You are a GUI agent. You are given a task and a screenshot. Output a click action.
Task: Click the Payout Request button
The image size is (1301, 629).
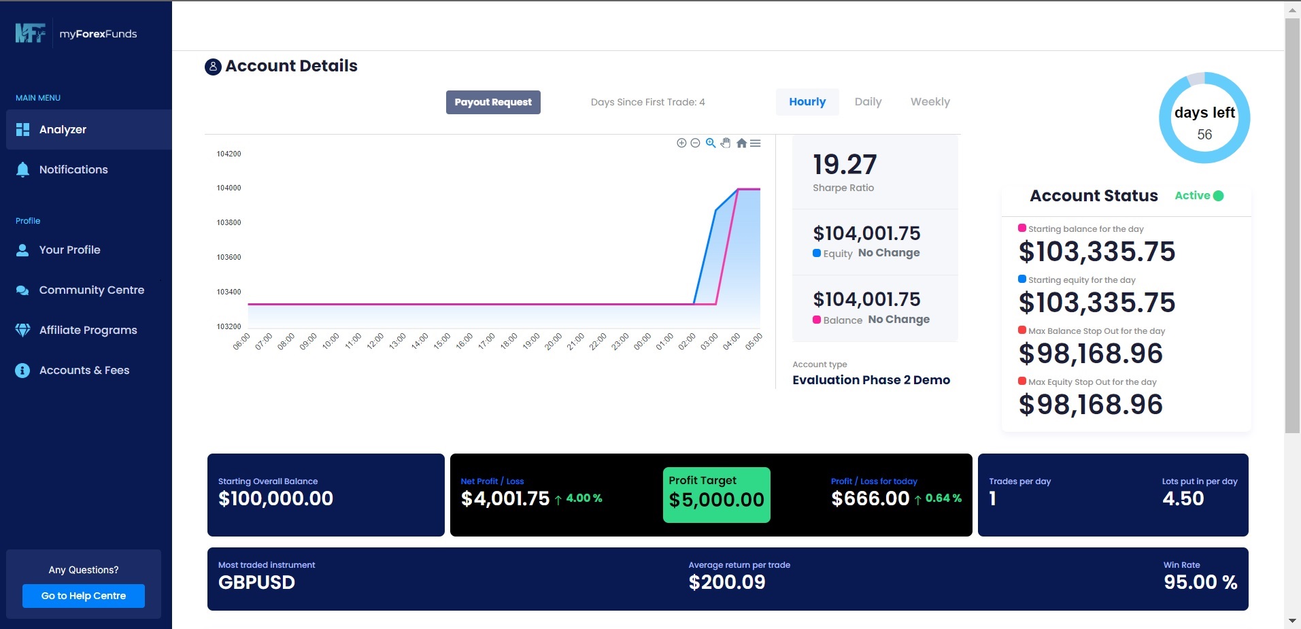[493, 102]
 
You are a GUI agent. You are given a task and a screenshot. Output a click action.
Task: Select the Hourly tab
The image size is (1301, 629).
[807, 102]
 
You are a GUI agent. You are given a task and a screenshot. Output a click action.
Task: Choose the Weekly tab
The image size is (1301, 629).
[930, 102]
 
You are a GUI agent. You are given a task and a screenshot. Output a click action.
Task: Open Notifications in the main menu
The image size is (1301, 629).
[73, 169]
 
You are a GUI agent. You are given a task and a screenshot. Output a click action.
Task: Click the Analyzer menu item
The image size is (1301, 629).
[63, 129]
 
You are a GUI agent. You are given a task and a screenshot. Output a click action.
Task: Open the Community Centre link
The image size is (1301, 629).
[91, 290]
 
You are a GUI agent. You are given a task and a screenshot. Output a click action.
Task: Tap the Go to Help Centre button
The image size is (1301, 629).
[84, 596]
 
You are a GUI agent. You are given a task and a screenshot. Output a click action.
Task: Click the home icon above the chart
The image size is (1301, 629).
[741, 143]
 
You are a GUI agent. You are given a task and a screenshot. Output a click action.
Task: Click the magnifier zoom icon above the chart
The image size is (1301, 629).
[711, 143]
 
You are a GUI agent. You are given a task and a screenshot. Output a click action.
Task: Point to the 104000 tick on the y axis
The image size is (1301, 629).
[229, 188]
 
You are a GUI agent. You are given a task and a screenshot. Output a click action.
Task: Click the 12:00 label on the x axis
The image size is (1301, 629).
[375, 341]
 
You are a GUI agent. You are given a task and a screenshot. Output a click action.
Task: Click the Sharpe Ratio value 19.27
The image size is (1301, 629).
[845, 165]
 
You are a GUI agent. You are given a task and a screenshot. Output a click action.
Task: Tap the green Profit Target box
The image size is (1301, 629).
[716, 495]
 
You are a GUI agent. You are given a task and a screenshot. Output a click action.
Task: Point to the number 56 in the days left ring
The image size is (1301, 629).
[1204, 135]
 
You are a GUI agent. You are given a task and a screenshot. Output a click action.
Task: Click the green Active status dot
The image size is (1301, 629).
[1218, 196]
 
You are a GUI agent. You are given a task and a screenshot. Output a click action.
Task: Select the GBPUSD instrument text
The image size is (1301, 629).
[256, 582]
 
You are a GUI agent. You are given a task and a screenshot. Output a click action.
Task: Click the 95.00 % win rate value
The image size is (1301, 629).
[1200, 582]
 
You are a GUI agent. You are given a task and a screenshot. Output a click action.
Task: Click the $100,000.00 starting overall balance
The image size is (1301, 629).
[275, 498]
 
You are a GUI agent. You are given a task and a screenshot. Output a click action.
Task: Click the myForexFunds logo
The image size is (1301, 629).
[76, 33]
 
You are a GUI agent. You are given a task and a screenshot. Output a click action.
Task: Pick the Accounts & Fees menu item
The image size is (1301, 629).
[84, 370]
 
